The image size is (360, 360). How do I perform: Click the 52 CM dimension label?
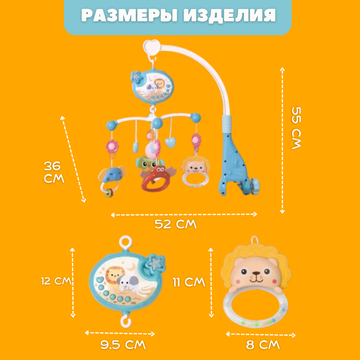tap(175, 224)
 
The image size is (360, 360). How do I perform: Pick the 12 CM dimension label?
tap(56, 281)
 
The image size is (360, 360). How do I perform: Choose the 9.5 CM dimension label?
tap(123, 345)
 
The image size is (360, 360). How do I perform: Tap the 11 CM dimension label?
tap(189, 282)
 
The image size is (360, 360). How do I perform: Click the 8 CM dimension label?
tap(263, 345)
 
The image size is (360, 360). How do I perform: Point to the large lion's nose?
tap(256, 274)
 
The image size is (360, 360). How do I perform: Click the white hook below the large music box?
tap(126, 320)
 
